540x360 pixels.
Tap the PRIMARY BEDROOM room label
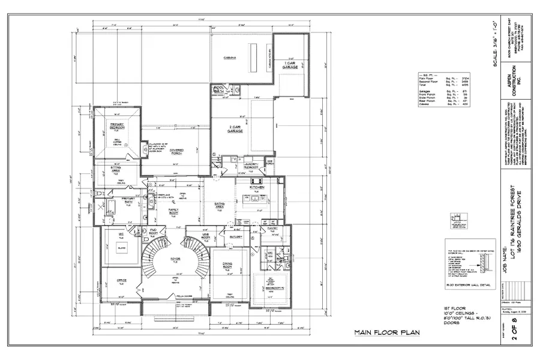pyautogui.click(x=116, y=126)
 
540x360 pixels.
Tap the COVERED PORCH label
pyautogui.click(x=176, y=151)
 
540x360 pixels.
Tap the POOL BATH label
pyautogui.click(x=218, y=89)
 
